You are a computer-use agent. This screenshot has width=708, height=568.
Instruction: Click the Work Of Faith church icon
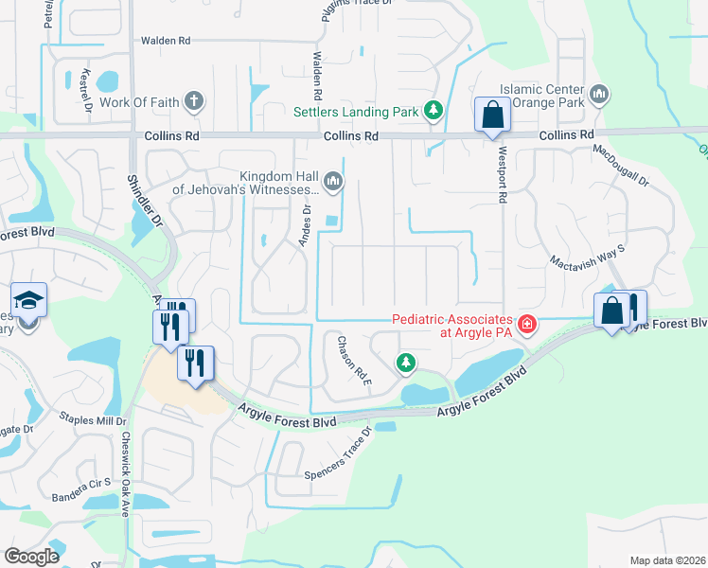point(194,101)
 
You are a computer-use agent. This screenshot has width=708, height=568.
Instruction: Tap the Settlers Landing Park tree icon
point(434,112)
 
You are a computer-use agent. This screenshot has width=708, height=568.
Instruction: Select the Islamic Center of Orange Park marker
point(598,95)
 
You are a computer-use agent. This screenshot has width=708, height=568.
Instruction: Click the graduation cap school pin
point(29,302)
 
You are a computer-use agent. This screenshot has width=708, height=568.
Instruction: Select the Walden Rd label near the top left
point(166,41)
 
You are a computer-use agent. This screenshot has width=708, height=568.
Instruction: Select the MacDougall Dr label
point(622,165)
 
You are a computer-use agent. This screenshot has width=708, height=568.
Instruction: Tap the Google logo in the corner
point(31,557)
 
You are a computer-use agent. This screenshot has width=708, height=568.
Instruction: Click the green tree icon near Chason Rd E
point(406,362)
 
